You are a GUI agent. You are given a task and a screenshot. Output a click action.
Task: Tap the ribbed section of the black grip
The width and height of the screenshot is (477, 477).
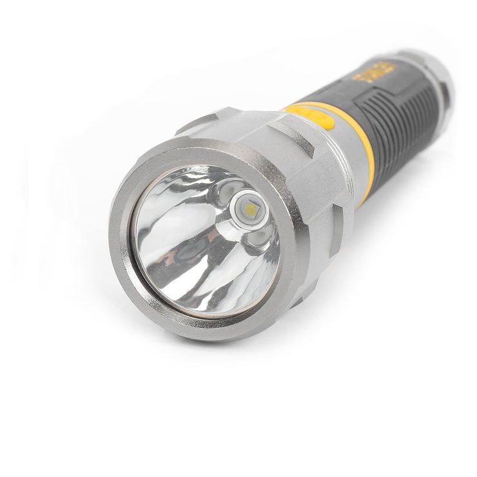[x=413, y=122]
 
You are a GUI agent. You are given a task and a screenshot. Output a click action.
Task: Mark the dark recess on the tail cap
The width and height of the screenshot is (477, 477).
[x=445, y=97]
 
